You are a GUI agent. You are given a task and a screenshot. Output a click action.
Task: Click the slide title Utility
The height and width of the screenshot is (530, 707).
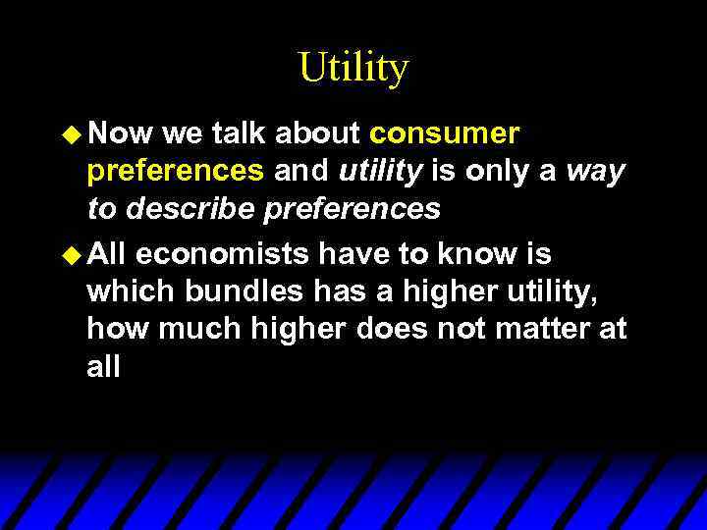coord(353,68)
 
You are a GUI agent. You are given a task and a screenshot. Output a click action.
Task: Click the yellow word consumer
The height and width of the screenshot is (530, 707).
coord(445,132)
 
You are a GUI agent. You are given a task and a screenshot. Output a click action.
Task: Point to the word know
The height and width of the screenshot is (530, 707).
coord(464,254)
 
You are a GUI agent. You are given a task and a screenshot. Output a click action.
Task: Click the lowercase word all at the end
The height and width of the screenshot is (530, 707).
coord(103,367)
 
